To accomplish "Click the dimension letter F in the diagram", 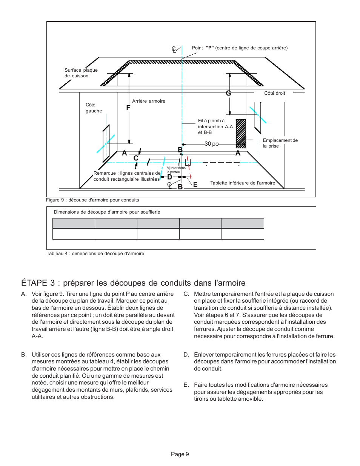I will (x=128, y=108).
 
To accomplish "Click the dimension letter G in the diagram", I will (x=228, y=93).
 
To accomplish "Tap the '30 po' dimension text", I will (x=211, y=144).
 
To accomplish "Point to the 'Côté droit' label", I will (x=274, y=93).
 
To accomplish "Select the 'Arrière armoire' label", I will (x=149, y=101).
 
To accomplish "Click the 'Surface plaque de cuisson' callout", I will (x=81, y=73).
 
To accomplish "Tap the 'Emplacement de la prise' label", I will (x=280, y=143).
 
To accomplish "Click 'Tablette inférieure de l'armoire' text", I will (x=243, y=183).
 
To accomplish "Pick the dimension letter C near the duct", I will (x=136, y=158).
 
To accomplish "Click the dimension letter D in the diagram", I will (x=169, y=177).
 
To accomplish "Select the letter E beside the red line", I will (x=195, y=185).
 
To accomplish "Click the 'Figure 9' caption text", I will (x=92, y=200).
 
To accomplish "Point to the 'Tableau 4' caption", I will (x=95, y=254).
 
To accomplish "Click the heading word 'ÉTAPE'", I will (x=34, y=283).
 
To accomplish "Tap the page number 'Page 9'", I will (x=180, y=454).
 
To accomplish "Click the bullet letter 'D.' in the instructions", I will (x=186, y=355).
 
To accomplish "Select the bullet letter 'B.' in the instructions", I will (x=24, y=355).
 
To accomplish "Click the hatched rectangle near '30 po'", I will (x=241, y=134).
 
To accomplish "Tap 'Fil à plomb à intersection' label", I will (x=215, y=126).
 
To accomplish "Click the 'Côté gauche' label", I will (x=94, y=108).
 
